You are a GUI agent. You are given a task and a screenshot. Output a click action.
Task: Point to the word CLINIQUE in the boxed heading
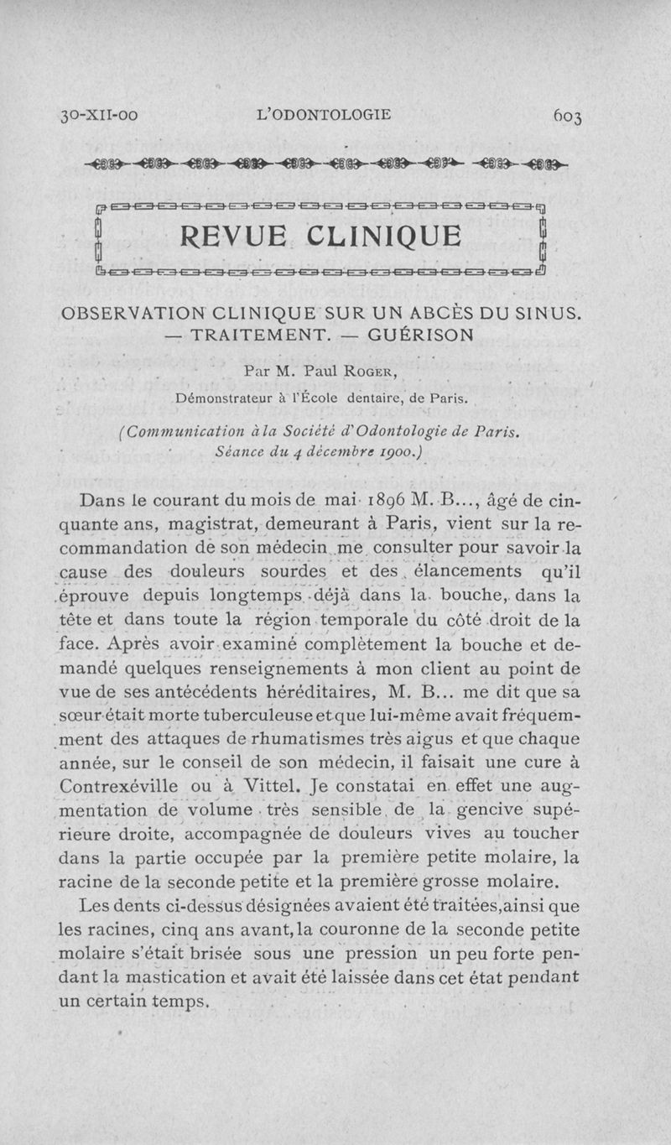click(x=391, y=238)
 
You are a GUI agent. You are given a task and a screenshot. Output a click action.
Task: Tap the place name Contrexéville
click(x=119, y=787)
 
